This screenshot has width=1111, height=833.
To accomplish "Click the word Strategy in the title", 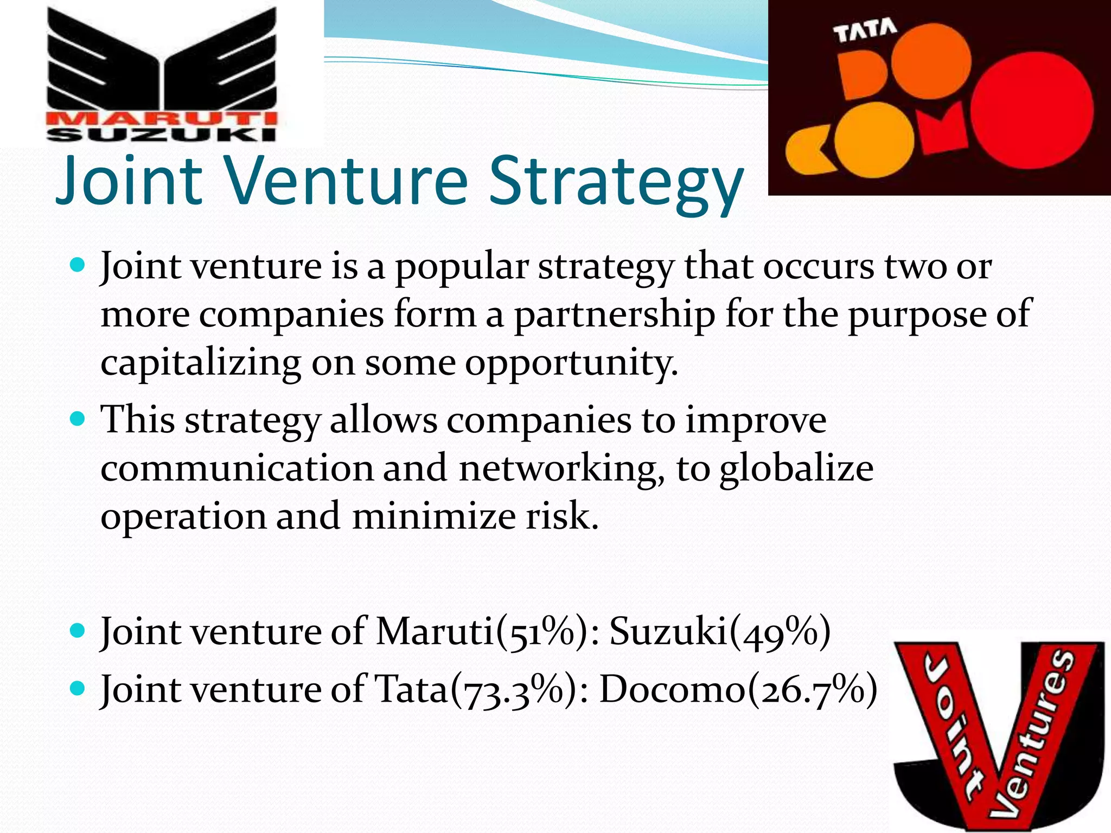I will pos(616,182).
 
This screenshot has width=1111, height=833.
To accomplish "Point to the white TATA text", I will pos(865,31).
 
